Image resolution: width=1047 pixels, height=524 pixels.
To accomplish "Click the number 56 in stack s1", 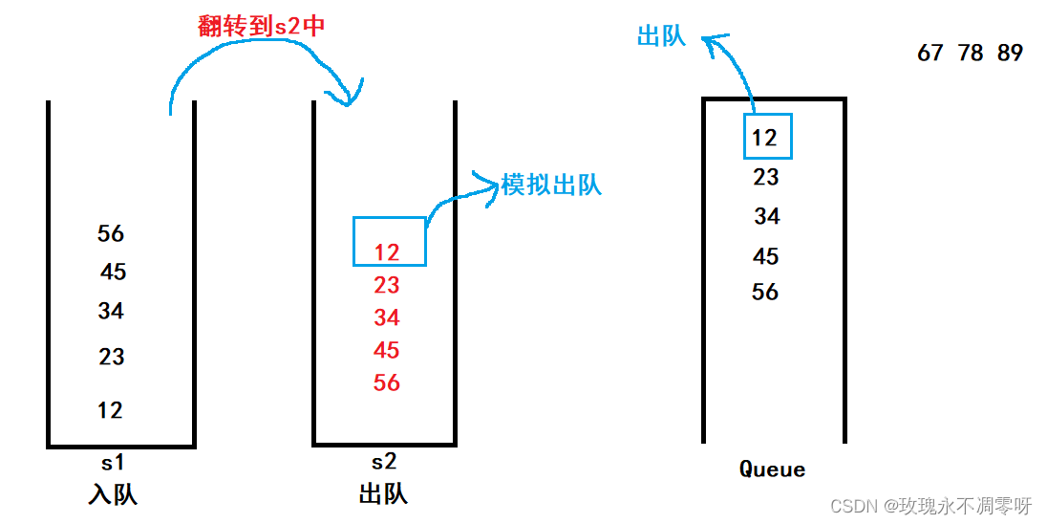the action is point(111,234).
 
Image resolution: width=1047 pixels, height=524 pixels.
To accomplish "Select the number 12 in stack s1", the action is point(110,410).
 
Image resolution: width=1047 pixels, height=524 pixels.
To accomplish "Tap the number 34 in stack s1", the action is point(111,311).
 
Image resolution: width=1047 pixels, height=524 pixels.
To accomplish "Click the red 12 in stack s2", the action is point(387,252).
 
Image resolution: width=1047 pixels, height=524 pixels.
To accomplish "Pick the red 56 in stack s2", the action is point(387,382).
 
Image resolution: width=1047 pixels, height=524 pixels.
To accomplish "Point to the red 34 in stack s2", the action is point(387,317).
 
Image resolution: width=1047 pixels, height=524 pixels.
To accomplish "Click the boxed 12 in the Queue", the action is point(765,138).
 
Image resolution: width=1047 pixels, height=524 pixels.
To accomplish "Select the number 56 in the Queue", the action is point(765,293).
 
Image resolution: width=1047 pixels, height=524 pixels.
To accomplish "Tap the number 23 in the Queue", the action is point(766,177).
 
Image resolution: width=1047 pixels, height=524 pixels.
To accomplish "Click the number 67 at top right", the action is point(930,54).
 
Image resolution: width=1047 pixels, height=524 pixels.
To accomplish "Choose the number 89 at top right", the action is point(1010,54).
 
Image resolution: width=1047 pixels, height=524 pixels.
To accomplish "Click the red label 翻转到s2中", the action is point(262,26).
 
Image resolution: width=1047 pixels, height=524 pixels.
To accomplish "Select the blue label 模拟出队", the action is point(551,185).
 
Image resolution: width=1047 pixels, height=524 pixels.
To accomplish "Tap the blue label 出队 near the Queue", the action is point(661,36).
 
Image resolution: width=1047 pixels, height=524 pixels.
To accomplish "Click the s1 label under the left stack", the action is point(113,463).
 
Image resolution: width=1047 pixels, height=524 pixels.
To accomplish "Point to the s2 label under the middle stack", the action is point(383,463).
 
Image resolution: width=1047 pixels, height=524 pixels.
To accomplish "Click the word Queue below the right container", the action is point(773,469).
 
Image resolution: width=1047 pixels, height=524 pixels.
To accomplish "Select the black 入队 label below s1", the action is point(113,494).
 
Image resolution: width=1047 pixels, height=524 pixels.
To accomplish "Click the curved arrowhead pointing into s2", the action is point(347,96).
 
